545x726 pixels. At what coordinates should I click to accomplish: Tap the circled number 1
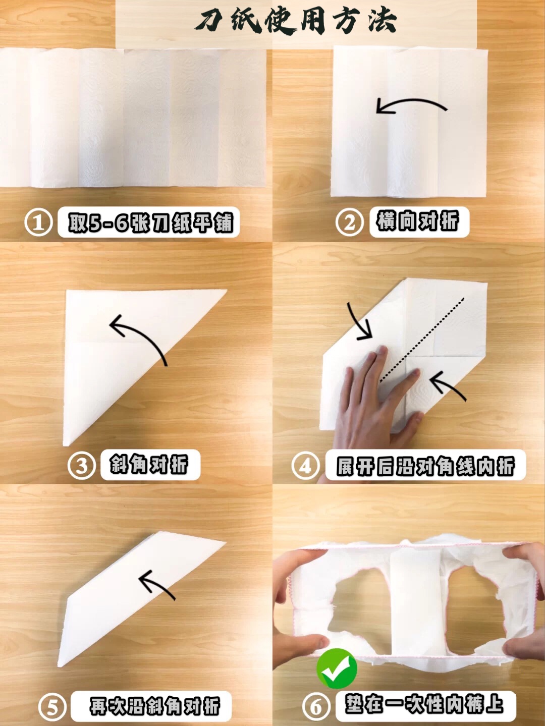(39, 222)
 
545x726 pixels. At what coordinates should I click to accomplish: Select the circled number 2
(350, 222)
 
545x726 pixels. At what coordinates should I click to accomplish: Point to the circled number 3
(82, 465)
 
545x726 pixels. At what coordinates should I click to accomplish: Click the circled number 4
(306, 465)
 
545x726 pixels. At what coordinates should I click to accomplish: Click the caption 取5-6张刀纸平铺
(150, 222)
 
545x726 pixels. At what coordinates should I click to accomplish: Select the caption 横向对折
(418, 221)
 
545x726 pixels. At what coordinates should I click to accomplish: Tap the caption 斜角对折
(149, 464)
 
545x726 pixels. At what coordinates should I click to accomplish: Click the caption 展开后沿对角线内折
(425, 466)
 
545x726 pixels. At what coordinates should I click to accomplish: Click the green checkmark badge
(337, 664)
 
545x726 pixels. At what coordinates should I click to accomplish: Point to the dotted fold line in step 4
(422, 340)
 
